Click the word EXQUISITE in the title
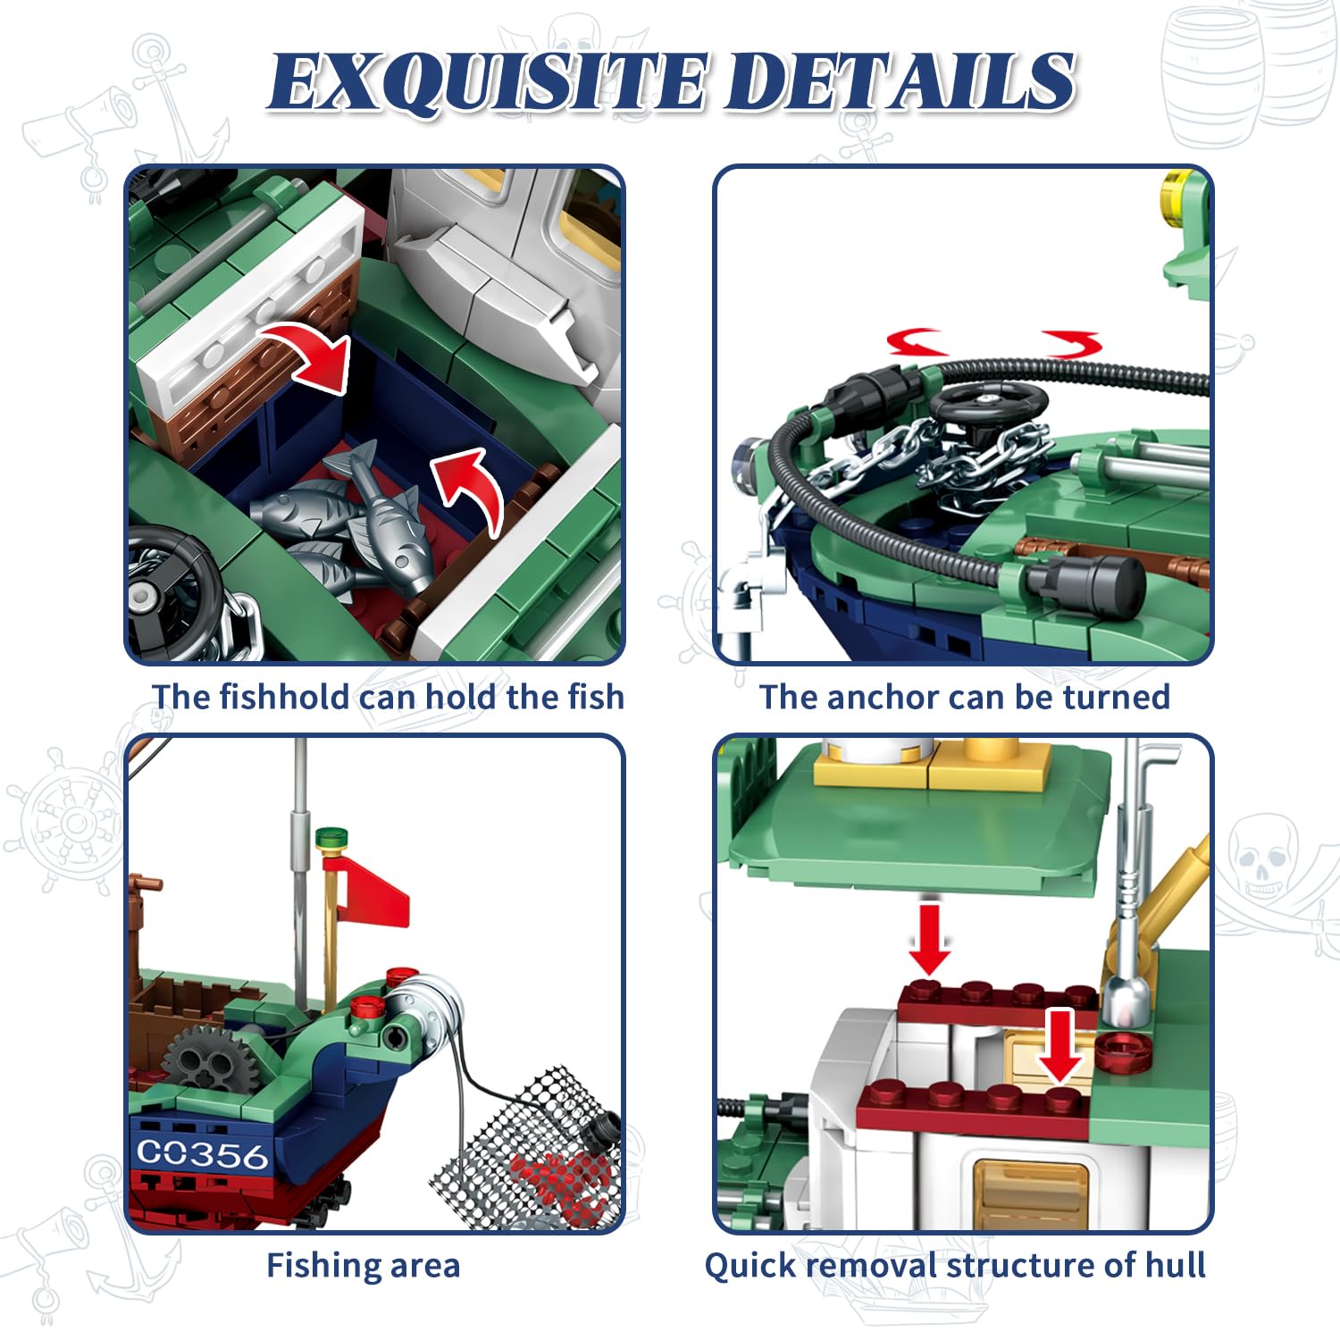point(489,82)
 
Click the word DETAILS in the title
point(899,82)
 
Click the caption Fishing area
point(364,1266)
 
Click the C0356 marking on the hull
point(202,1154)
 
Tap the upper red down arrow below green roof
point(930,939)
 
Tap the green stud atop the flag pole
point(331,838)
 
